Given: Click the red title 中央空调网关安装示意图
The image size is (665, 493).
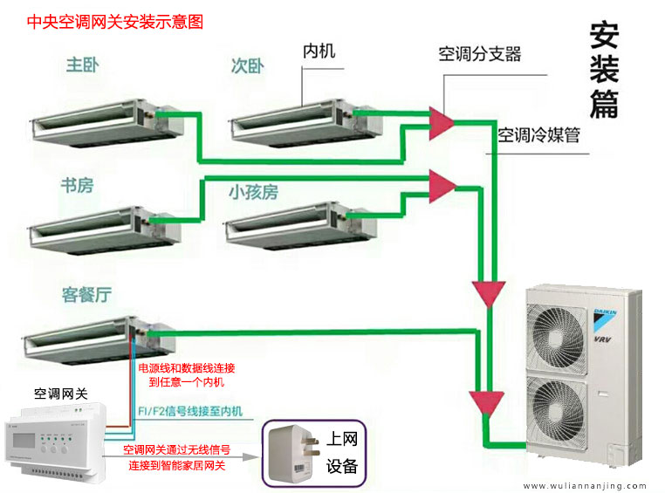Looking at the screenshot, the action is (x=115, y=22).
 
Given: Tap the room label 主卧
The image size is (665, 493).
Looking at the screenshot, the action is (x=83, y=65).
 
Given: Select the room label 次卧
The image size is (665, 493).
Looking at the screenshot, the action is (x=248, y=66).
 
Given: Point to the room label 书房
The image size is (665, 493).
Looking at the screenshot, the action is (x=77, y=186).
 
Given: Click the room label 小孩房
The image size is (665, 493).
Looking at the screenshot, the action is (x=254, y=192).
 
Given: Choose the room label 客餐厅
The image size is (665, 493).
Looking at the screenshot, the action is (x=87, y=295).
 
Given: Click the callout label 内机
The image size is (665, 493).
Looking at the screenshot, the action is (x=319, y=51).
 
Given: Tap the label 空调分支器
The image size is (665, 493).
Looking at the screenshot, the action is (x=480, y=54).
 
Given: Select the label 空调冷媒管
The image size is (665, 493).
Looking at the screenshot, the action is (x=538, y=135).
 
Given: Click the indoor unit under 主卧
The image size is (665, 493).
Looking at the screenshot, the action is (x=107, y=123).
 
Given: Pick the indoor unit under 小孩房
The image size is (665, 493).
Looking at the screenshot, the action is (x=301, y=226).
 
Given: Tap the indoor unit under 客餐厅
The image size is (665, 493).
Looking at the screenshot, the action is (x=99, y=341).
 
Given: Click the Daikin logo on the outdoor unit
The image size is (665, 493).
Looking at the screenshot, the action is (x=605, y=321).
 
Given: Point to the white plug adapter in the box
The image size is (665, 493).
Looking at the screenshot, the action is (x=293, y=454).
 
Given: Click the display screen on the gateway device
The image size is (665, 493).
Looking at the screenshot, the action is (x=24, y=441).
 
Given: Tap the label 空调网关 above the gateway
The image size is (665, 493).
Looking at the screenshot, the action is (x=60, y=394).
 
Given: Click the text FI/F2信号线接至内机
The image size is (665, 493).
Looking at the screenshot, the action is (x=190, y=411).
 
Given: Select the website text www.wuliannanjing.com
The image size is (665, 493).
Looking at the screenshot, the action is (x=585, y=486).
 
